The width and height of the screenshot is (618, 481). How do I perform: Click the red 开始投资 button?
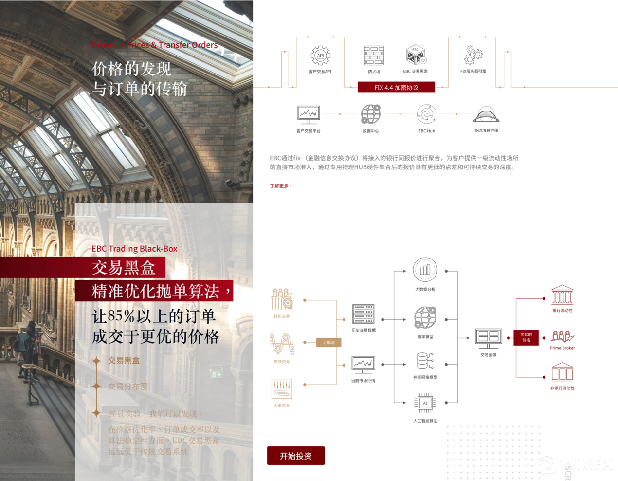[x=295, y=456]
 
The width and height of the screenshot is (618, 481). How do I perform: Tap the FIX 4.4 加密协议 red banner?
[x=396, y=88]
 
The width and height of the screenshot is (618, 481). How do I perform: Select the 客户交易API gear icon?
[x=320, y=55]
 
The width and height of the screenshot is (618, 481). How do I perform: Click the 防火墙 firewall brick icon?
[x=374, y=55]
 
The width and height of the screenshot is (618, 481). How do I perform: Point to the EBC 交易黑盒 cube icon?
[x=415, y=55]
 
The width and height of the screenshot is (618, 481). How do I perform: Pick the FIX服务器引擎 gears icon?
[x=473, y=55]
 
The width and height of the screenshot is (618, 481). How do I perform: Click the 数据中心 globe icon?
[x=370, y=114]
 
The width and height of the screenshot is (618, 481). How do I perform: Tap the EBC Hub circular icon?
[x=426, y=114]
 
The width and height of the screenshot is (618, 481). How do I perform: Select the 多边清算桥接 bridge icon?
[x=486, y=115]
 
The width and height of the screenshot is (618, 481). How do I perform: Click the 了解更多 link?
[x=280, y=186]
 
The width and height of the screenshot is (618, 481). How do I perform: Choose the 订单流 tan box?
[x=328, y=343]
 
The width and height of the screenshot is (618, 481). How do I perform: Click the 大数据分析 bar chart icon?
[x=425, y=270]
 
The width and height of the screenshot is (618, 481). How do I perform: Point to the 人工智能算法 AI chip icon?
[x=425, y=403]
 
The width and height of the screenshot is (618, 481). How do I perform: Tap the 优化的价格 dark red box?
[x=526, y=337]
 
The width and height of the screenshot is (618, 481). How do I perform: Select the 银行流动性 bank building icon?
[x=562, y=296]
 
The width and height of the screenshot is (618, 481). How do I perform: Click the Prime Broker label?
[x=562, y=348]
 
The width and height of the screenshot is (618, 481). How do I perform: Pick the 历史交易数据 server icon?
[x=363, y=314]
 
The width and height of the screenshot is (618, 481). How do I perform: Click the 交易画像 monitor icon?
[x=488, y=338]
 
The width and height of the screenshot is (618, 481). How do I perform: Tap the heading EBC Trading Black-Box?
[x=134, y=249]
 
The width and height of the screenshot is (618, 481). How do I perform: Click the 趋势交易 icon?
[x=281, y=299]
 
